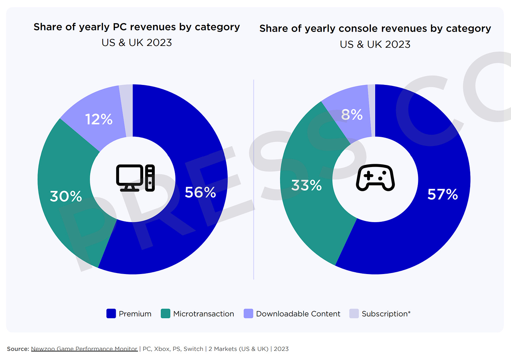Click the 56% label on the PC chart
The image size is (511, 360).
pyautogui.click(x=200, y=192)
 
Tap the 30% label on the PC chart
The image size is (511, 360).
pyautogui.click(x=66, y=196)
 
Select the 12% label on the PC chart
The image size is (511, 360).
pyautogui.click(x=99, y=119)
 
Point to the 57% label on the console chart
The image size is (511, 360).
pyautogui.click(x=443, y=194)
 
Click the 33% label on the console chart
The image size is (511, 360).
pyautogui.click(x=306, y=185)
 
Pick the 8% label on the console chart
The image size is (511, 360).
pyautogui.click(x=352, y=115)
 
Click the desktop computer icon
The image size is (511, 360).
pyautogui.click(x=135, y=178)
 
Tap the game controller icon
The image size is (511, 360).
pyautogui.click(x=375, y=178)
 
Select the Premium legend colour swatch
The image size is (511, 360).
pyautogui.click(x=111, y=314)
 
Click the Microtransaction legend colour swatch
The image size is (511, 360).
pyautogui.click(x=165, y=314)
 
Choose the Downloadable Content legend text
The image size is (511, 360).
pyautogui.click(x=298, y=314)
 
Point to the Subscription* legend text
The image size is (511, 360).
pyautogui.click(x=386, y=314)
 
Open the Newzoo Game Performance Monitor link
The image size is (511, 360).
pyautogui.click(x=84, y=349)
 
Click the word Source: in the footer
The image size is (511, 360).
pyautogui.click(x=18, y=349)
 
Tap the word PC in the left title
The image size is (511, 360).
pyautogui.click(x=120, y=27)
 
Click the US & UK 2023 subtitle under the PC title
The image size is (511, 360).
pyautogui.click(x=137, y=43)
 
